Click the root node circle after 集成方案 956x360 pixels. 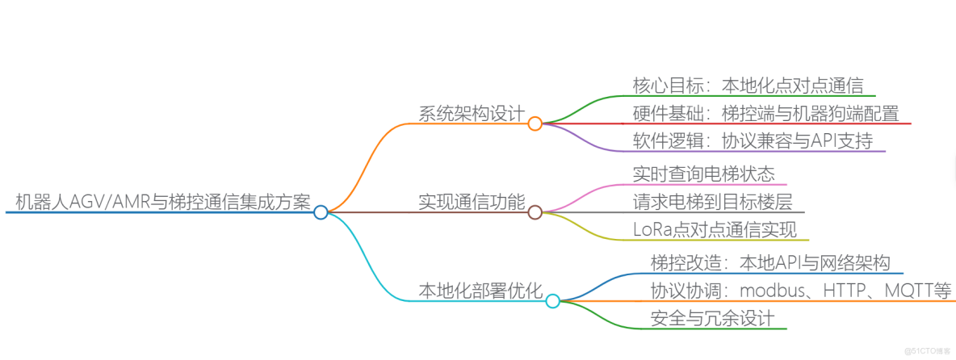click(x=321, y=212)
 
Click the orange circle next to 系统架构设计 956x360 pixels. click(x=535, y=123)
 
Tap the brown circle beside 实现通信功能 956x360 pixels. click(x=535, y=212)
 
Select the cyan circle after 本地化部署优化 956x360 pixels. click(x=552, y=301)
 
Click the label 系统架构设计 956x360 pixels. click(x=471, y=112)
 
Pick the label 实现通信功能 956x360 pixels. click(x=471, y=201)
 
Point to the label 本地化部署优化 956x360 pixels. click(x=480, y=290)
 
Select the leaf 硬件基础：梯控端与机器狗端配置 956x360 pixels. click(x=765, y=112)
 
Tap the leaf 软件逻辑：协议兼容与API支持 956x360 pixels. click(x=753, y=140)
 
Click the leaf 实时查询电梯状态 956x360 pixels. click(x=704, y=173)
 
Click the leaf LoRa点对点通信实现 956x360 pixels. click(x=715, y=228)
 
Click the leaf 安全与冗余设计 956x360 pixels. click(x=712, y=317)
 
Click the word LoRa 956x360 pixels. click(x=652, y=228)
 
